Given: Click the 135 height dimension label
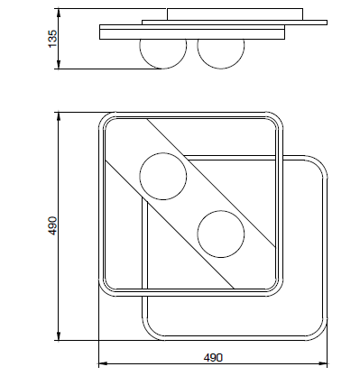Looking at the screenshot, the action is pyautogui.click(x=52, y=38).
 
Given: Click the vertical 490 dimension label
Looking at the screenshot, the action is pyautogui.click(x=52, y=225).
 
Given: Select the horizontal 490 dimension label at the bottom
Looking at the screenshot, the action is pyautogui.click(x=213, y=357).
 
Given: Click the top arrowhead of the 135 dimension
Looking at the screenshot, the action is pyautogui.click(x=59, y=13).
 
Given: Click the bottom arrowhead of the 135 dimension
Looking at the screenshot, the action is pyautogui.click(x=59, y=65).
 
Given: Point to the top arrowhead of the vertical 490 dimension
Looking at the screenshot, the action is pyautogui.click(x=59, y=117).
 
